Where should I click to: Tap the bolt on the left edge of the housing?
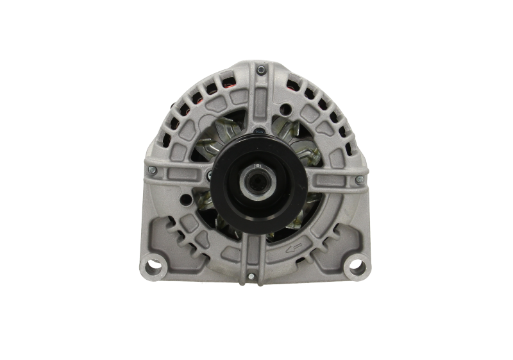click(x=151, y=170)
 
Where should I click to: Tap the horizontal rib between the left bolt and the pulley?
click(x=183, y=171)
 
